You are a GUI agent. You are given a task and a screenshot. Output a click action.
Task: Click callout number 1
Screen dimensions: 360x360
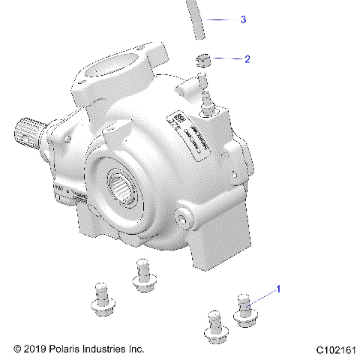pos(279,288)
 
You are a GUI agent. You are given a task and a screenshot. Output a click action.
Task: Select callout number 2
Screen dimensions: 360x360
pos(247,58)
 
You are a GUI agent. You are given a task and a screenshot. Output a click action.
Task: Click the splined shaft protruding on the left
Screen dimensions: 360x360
pos(27,133)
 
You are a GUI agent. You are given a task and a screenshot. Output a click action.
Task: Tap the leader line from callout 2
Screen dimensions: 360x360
pos(226,58)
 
